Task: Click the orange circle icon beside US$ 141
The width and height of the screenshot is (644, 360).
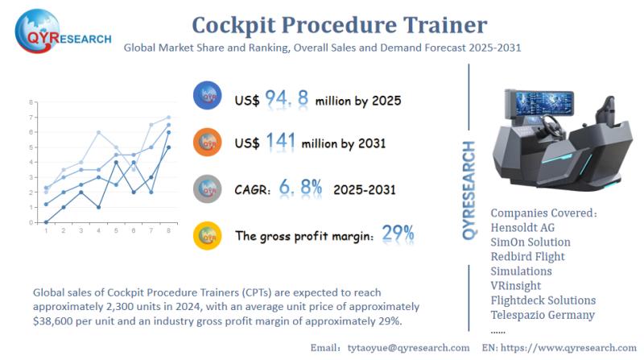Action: point(208,143)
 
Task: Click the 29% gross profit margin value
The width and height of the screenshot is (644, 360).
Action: point(398,234)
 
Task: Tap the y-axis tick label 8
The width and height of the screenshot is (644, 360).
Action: point(31,103)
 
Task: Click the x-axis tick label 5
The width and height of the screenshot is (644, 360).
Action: point(117,231)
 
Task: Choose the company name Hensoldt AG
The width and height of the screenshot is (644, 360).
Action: point(525,227)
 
